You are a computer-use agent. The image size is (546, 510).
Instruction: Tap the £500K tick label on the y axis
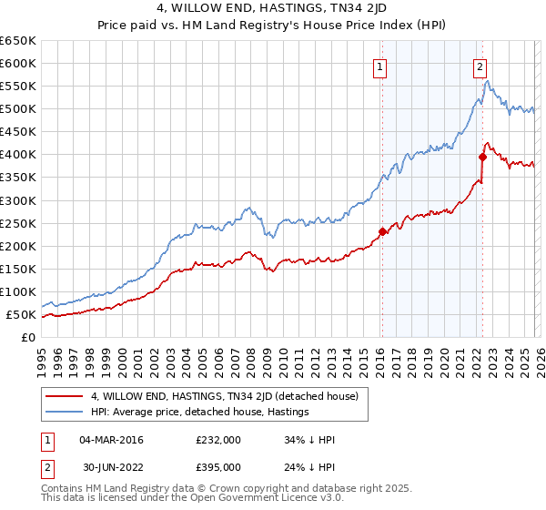pyautogui.click(x=18, y=109)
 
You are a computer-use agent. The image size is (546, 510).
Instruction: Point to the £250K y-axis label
pyautogui.click(x=18, y=223)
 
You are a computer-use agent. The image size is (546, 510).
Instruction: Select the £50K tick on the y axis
pyautogui.click(x=21, y=315)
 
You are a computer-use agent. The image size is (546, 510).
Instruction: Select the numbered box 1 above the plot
pyautogui.click(x=379, y=66)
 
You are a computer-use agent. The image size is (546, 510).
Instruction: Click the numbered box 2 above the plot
pyautogui.click(x=480, y=66)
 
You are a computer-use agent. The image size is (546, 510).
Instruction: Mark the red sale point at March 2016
pyautogui.click(x=382, y=231)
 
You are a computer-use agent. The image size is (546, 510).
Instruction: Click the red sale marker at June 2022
pyautogui.click(x=483, y=157)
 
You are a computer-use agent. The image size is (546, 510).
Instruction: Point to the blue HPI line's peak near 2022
pyautogui.click(x=488, y=82)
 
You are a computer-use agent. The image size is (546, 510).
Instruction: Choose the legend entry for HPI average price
pyautogui.click(x=200, y=412)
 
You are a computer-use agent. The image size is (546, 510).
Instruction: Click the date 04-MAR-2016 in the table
pyautogui.click(x=111, y=440)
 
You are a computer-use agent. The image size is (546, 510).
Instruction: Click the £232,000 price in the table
pyautogui.click(x=217, y=440)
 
